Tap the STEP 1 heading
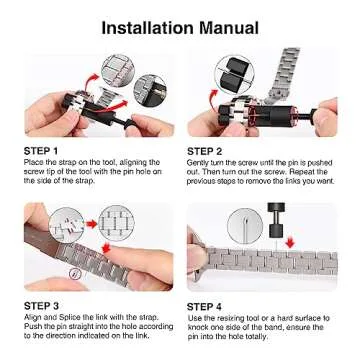click(42, 151)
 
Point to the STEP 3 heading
click(42, 304)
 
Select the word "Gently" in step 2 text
click(198, 161)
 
